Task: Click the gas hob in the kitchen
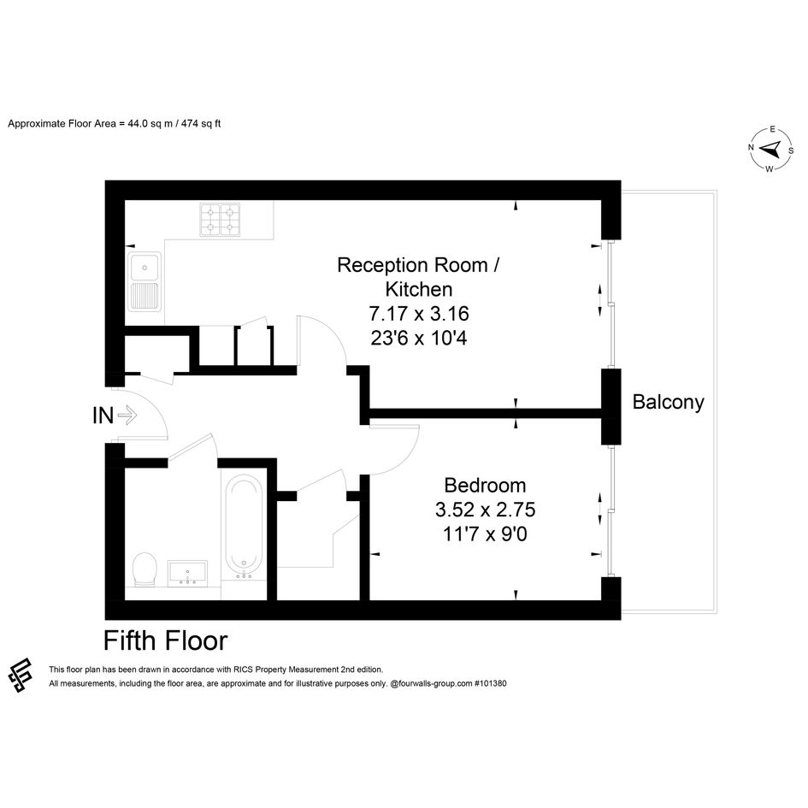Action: (220, 220)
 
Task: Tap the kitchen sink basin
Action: (144, 268)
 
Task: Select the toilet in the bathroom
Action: (144, 569)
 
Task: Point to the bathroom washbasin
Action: (187, 573)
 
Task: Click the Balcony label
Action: (669, 402)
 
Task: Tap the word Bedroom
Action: (485, 486)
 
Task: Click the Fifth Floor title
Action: (165, 640)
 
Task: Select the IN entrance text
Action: (103, 416)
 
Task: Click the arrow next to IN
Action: (127, 415)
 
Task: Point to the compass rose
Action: (770, 149)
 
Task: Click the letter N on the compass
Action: (751, 147)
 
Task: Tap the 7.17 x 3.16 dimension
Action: (419, 313)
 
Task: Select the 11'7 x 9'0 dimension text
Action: (485, 534)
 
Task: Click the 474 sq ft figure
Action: (201, 124)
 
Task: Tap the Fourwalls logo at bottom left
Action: (21, 675)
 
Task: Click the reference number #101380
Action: (490, 683)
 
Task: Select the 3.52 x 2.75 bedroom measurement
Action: (485, 510)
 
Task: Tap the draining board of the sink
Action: (144, 296)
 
